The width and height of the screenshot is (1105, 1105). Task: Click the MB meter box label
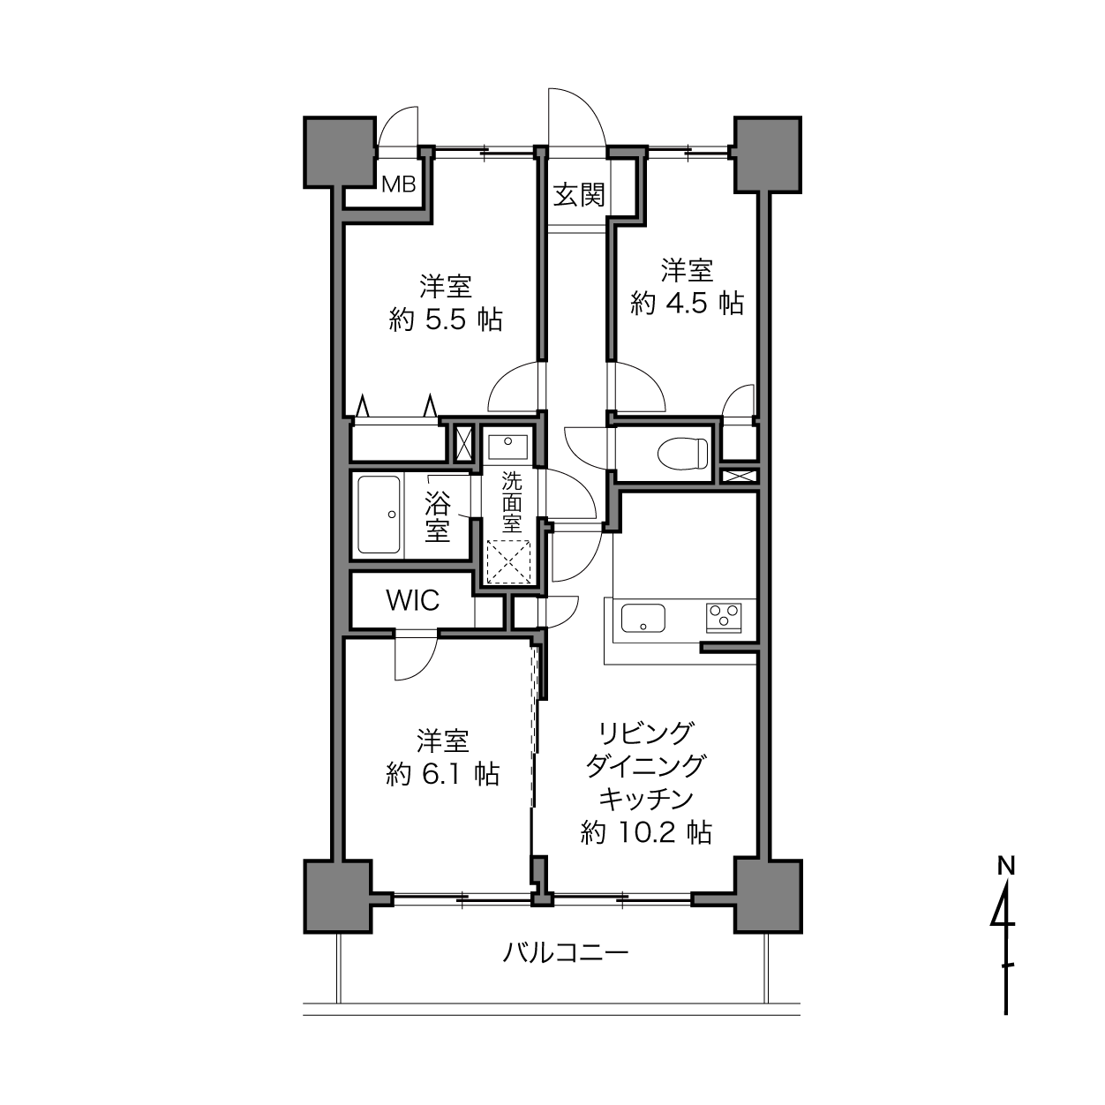[399, 184]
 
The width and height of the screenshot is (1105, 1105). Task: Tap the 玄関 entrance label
[579, 195]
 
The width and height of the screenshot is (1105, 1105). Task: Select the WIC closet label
[413, 600]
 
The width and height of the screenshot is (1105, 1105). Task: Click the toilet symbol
[682, 454]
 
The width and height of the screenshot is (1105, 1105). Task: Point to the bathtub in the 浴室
[379, 515]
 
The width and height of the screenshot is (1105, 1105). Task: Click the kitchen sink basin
[643, 616]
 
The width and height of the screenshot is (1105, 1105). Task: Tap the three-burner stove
[724, 617]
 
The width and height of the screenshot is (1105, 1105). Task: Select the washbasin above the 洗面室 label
[508, 447]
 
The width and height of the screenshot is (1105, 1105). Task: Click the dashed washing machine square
[508, 561]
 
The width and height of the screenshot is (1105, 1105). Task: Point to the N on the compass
[1006, 882]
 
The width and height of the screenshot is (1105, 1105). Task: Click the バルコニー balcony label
[566, 953]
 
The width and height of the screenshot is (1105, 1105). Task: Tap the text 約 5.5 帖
[446, 319]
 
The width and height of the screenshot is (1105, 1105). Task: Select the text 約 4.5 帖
[687, 303]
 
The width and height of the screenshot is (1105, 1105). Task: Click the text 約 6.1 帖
[443, 773]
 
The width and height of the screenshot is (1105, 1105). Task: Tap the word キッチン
[646, 798]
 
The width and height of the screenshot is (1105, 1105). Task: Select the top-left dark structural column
[340, 152]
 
